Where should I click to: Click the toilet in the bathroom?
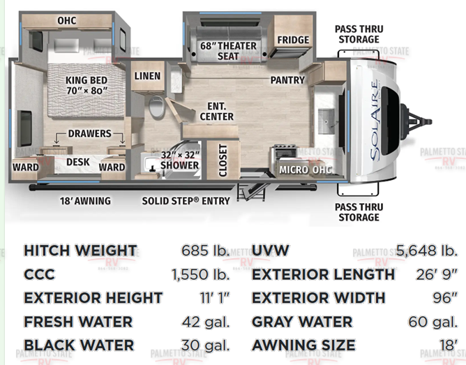pyautogui.click(x=156, y=107)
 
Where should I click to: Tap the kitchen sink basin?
pyautogui.click(x=326, y=121)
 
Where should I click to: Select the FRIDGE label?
pyautogui.click(x=293, y=40)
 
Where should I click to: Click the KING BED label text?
pyautogui.click(x=87, y=80)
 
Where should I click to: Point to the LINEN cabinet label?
pyautogui.click(x=147, y=76)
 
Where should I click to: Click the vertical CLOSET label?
pyautogui.click(x=223, y=161)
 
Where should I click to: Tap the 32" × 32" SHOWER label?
pyautogui.click(x=180, y=160)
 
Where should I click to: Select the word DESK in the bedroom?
pyautogui.click(x=78, y=162)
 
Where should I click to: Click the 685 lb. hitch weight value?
pyautogui.click(x=206, y=251)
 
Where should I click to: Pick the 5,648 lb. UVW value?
pyautogui.click(x=426, y=251)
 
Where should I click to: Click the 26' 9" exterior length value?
pyautogui.click(x=436, y=274)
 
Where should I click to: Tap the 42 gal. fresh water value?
pyautogui.click(x=206, y=322)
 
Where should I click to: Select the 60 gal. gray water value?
pyautogui.click(x=433, y=322)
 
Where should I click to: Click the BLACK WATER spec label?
pyautogui.click(x=79, y=345)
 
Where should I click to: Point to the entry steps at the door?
pyautogui.click(x=251, y=192)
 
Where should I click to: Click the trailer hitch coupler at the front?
pyautogui.click(x=416, y=121)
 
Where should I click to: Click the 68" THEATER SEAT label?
pyautogui.click(x=228, y=51)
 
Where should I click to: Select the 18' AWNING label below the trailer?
pyautogui.click(x=85, y=201)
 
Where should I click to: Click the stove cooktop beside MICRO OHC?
pyautogui.click(x=285, y=152)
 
